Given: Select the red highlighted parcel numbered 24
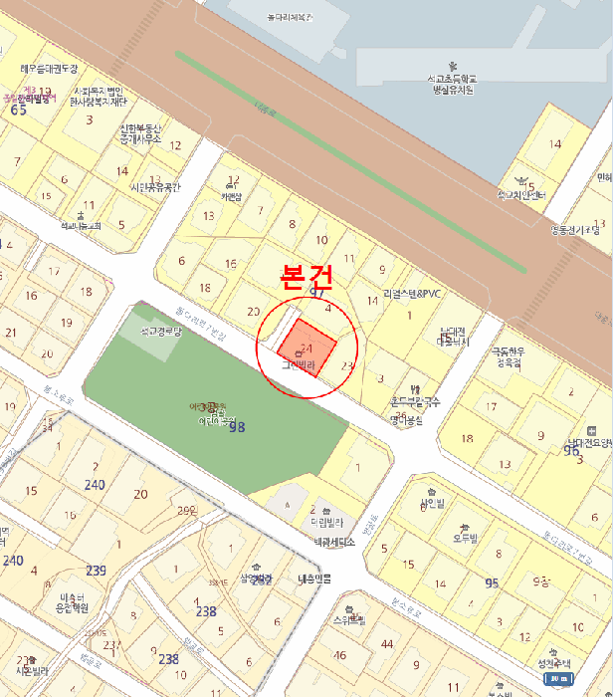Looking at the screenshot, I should [306, 348].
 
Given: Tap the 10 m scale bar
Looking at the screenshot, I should [560, 679].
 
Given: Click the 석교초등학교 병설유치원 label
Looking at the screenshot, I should [453, 84].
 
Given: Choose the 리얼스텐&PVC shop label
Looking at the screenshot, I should [411, 294].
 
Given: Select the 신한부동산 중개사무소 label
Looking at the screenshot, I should [140, 134].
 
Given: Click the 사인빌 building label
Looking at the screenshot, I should [432, 504].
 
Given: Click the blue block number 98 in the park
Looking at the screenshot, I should [237, 427].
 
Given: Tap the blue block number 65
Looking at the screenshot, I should [18, 110].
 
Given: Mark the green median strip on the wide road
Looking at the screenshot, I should [348, 159].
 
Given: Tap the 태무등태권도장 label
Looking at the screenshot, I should [49, 69].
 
